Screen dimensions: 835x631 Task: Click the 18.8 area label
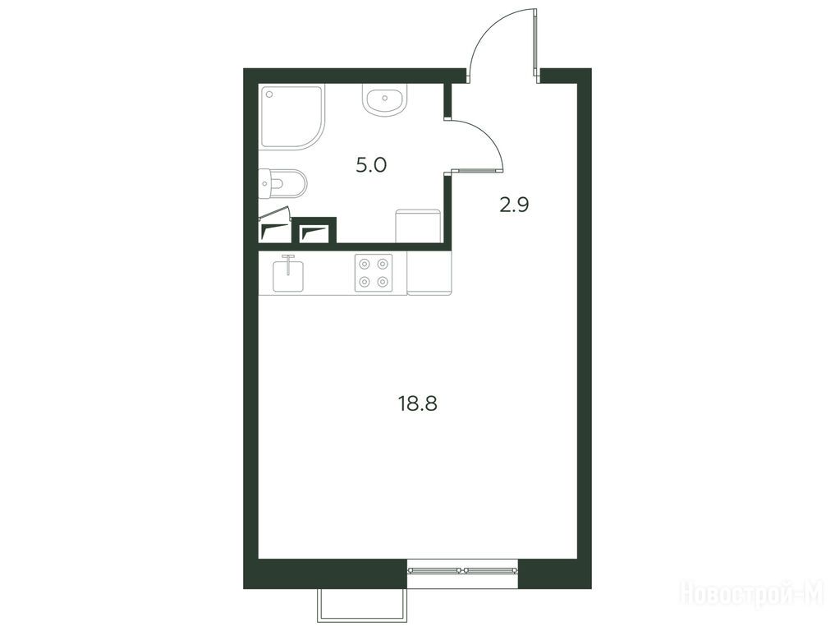click(417, 404)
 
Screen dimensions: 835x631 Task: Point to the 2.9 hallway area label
click(514, 205)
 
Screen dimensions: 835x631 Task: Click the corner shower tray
click(292, 117)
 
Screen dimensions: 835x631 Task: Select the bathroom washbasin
click(385, 99)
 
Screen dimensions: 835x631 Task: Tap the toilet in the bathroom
click(282, 184)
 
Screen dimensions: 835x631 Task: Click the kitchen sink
click(288, 275)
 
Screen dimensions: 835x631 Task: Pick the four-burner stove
click(374, 273)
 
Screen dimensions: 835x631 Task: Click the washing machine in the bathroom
click(417, 225)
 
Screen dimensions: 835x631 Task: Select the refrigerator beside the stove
click(429, 273)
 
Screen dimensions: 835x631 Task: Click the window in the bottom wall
click(462, 570)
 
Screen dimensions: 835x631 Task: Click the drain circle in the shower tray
click(269, 94)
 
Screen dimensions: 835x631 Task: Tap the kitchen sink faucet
click(288, 265)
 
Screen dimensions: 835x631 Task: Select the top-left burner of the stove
click(365, 264)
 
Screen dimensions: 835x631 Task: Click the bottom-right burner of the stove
click(383, 282)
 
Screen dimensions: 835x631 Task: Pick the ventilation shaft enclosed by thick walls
click(316, 233)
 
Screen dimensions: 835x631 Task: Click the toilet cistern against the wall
click(264, 184)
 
